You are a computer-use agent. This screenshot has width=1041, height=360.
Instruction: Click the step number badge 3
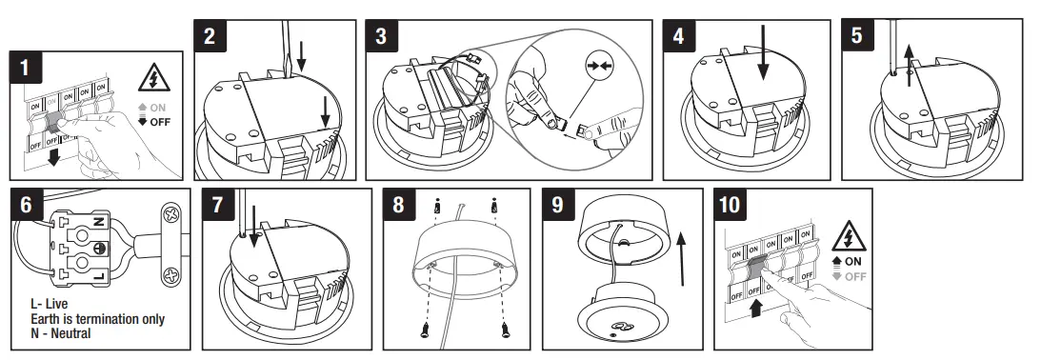pos(382,37)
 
